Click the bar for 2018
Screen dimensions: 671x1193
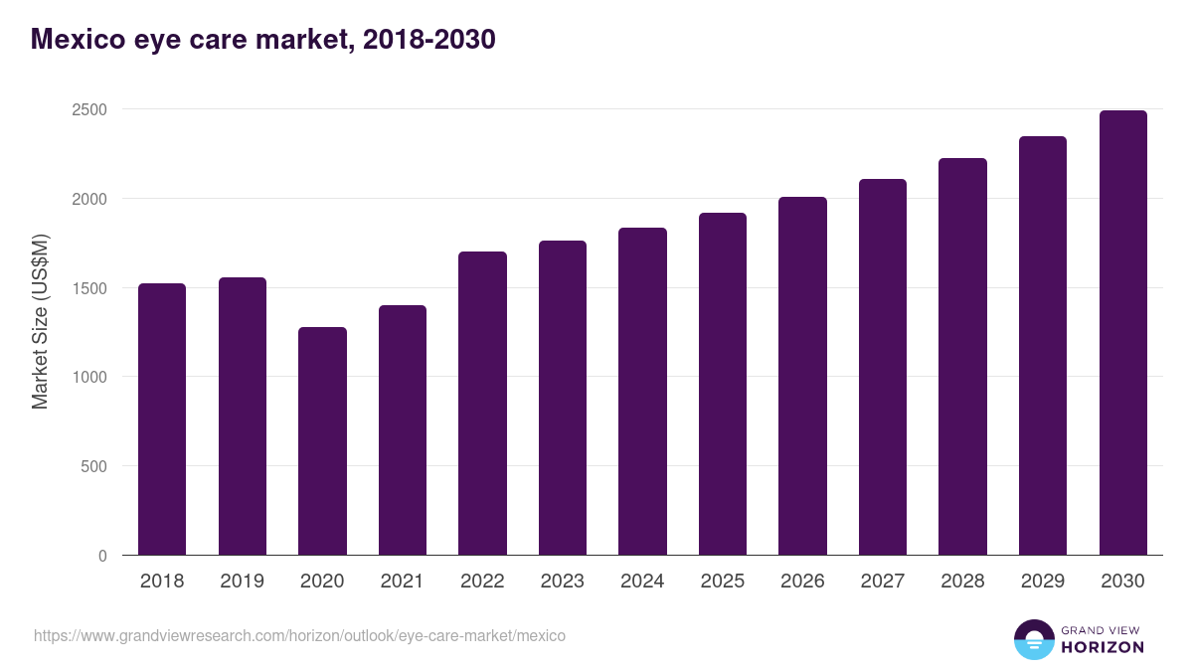162,419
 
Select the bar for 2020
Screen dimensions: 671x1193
322,441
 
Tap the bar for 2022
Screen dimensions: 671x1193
482,404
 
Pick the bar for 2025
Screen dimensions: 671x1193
723,384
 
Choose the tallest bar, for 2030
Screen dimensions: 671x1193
1122,333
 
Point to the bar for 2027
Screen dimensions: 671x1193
883,367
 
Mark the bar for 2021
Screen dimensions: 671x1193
403,430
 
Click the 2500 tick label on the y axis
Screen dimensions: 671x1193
89,109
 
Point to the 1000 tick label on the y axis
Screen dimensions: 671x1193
89,377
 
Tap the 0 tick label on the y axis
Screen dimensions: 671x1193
102,556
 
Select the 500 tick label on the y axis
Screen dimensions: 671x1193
93,466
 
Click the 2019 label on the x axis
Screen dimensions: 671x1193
243,582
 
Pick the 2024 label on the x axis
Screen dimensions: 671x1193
642,582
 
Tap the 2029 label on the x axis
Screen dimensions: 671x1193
1043,582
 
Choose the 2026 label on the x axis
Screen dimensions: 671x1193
802,582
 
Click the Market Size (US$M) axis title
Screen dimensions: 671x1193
40,322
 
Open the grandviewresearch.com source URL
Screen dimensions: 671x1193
299,635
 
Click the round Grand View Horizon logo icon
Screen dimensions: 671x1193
1034,639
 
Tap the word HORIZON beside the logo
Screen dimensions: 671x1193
1103,647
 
